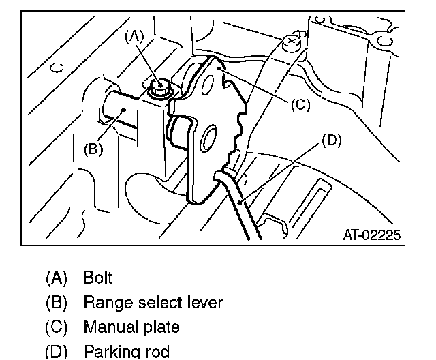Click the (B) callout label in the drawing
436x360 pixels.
(93, 149)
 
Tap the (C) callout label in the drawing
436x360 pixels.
(300, 105)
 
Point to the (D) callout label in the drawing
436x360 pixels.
(330, 141)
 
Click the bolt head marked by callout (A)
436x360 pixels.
(161, 87)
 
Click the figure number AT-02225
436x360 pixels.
(371, 235)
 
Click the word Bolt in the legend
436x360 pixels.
(97, 277)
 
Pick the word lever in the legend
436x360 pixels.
(205, 302)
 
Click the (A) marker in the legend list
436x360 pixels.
(57, 277)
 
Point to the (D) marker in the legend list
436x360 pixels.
(57, 352)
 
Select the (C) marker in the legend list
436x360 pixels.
(57, 327)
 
